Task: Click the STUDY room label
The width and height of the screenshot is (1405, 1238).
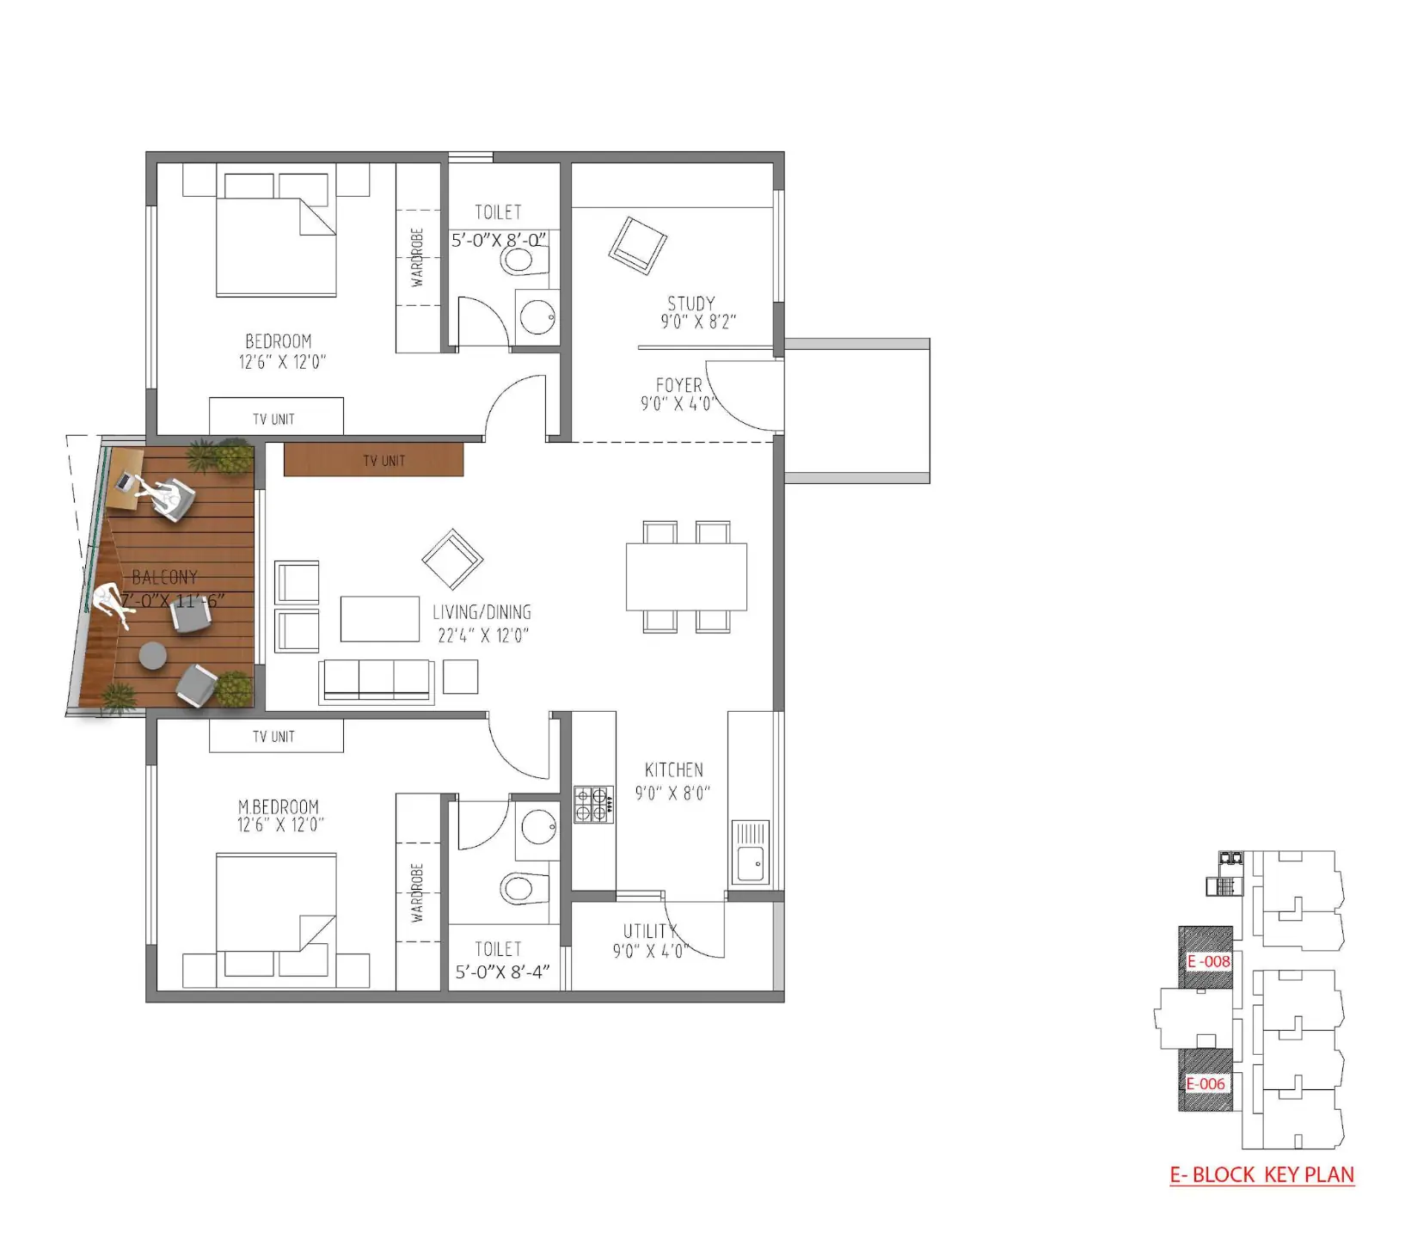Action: [x=691, y=303]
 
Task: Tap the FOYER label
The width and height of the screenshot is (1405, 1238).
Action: [x=678, y=385]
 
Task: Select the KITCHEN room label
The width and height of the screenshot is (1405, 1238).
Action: [x=674, y=770]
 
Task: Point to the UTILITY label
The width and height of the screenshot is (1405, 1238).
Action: [x=650, y=931]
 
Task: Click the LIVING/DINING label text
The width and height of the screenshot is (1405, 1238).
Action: [x=482, y=613]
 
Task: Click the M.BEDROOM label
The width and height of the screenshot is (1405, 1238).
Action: [x=279, y=806]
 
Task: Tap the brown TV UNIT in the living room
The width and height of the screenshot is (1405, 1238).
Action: [x=373, y=459]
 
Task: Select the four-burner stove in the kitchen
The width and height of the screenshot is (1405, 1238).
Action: [x=594, y=806]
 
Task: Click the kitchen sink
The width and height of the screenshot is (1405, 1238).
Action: [x=751, y=852]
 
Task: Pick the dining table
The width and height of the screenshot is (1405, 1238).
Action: [x=686, y=576]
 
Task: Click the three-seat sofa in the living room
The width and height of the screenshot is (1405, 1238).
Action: [x=376, y=683]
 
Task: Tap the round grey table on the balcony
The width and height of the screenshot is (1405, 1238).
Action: [x=152, y=655]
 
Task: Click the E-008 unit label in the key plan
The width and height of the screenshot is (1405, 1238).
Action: [x=1209, y=961]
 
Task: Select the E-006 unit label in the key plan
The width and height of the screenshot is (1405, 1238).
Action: [x=1206, y=1084]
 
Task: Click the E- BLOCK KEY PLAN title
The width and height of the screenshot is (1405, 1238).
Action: [x=1262, y=1175]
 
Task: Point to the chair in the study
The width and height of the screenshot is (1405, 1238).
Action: [x=638, y=246]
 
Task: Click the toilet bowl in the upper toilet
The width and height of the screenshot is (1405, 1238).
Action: [x=525, y=260]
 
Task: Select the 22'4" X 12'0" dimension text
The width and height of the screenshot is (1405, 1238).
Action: [x=483, y=636]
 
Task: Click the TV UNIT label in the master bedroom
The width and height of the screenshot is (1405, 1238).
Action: [x=273, y=737]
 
